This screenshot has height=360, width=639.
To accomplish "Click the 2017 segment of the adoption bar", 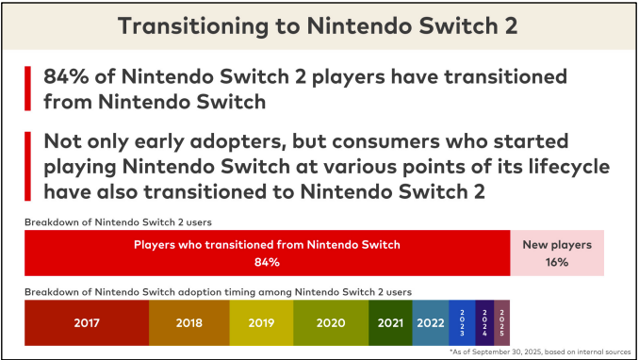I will pyautogui.click(x=87, y=322).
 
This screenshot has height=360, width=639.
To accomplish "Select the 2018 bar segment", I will pyautogui.click(x=188, y=322).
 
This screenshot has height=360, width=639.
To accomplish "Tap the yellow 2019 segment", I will pyautogui.click(x=261, y=322).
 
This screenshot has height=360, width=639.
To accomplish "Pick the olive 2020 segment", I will pyautogui.click(x=330, y=322).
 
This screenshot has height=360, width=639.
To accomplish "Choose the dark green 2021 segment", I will pyautogui.click(x=389, y=322).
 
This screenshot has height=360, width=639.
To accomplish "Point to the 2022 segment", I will pyautogui.click(x=430, y=322).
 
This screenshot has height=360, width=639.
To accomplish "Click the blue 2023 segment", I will pyautogui.click(x=462, y=322).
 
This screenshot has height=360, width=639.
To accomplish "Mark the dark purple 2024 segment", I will pyautogui.click(x=484, y=322).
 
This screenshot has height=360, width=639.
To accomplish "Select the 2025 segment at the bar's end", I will pyautogui.click(x=501, y=322).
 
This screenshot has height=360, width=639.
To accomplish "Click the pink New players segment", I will pyautogui.click(x=557, y=254).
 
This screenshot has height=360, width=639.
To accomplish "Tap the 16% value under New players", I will pyautogui.click(x=557, y=262).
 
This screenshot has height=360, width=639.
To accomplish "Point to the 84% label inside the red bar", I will pyautogui.click(x=267, y=262).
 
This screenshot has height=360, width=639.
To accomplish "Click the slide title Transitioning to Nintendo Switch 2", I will pyautogui.click(x=319, y=25).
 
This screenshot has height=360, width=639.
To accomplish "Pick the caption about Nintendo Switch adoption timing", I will pyautogui.click(x=218, y=292).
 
